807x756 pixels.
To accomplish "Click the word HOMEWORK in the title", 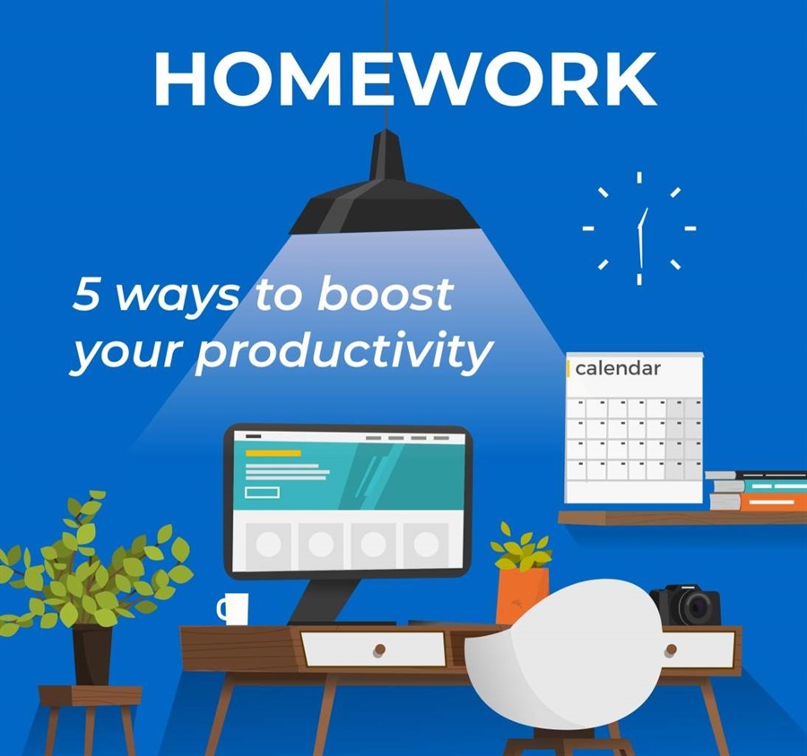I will click(x=403, y=79).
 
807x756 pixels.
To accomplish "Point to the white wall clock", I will click(x=639, y=228).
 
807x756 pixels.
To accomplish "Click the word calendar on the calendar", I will click(x=618, y=368).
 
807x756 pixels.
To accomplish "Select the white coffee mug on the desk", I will click(x=234, y=608).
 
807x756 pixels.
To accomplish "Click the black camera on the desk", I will click(x=687, y=606).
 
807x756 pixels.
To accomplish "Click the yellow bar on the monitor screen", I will click(x=273, y=453).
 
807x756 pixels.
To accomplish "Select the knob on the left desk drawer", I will click(x=379, y=649).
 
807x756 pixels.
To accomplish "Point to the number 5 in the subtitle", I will click(x=87, y=296).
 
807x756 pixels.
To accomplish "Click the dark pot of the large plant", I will click(x=91, y=654).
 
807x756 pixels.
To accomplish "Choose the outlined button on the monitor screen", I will click(x=262, y=492).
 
